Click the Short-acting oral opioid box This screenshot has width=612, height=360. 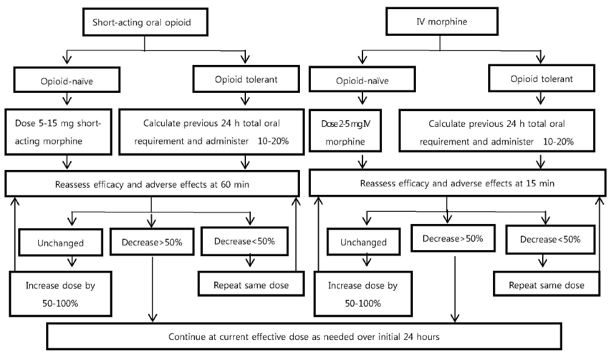click(x=145, y=22)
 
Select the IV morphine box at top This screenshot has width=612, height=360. click(x=442, y=21)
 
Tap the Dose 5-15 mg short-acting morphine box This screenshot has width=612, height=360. click(x=58, y=132)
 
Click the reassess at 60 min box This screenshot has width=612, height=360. click(x=152, y=183)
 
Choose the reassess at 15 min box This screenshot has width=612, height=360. click(x=457, y=183)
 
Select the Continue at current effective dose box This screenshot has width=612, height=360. click(x=304, y=336)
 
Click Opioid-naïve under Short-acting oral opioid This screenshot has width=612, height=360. click(x=67, y=80)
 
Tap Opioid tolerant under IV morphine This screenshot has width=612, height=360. click(x=542, y=78)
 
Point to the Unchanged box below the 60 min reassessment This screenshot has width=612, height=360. click(x=61, y=242)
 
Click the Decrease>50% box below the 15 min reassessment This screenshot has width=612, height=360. click(x=453, y=238)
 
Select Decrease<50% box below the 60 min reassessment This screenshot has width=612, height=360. click(x=245, y=241)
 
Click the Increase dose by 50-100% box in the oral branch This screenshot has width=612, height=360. click(x=61, y=294)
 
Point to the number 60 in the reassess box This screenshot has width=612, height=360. click(x=226, y=185)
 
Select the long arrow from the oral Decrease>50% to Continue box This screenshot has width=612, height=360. click(x=152, y=289)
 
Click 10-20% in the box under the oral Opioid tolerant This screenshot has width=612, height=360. click(x=273, y=141)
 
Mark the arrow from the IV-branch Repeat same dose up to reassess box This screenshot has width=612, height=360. click(x=599, y=234)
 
